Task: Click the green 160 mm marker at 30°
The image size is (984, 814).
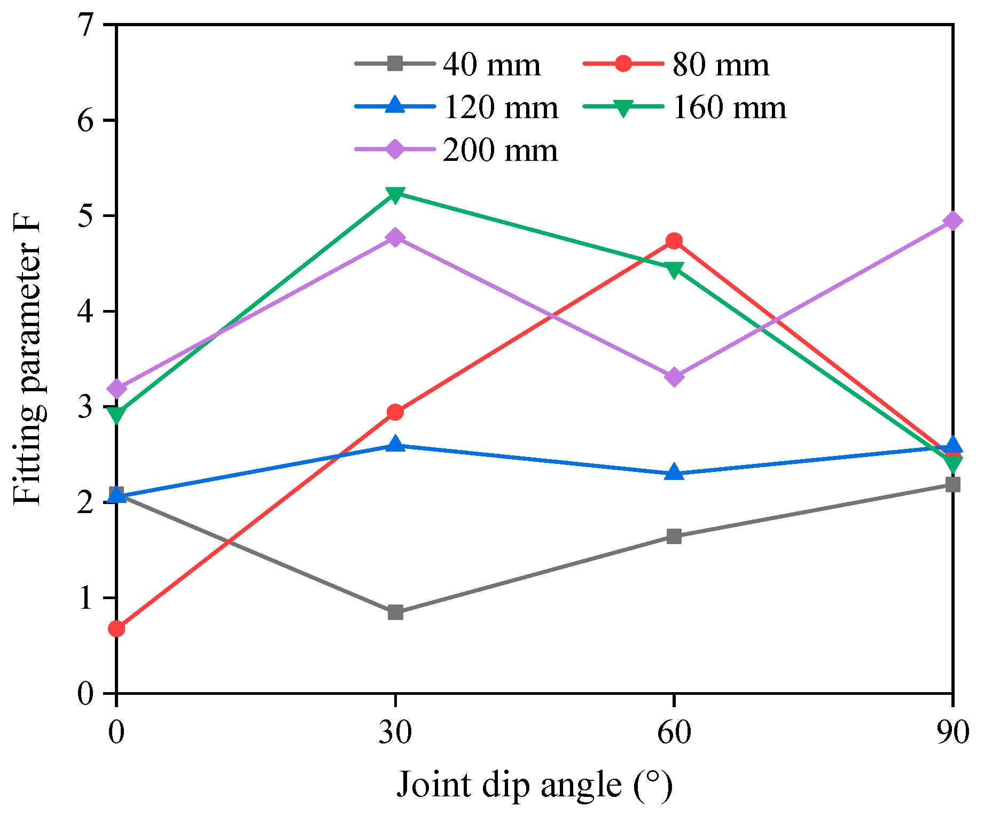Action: pos(395,195)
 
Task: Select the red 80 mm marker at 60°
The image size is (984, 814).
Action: pos(674,241)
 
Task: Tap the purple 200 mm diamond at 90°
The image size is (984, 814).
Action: pos(952,221)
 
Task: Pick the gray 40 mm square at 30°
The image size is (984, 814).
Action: pos(395,613)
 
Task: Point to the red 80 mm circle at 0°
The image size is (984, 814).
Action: pos(117,629)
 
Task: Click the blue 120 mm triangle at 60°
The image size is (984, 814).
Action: pos(674,473)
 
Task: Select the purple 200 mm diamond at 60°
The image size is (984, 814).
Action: pos(674,377)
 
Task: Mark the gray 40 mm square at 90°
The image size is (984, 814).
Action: pos(952,485)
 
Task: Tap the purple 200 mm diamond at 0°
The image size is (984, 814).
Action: pos(117,388)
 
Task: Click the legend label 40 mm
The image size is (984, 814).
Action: pos(491,65)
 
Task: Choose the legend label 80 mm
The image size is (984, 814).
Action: pos(720,65)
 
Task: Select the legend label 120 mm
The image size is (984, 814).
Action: pos(501,107)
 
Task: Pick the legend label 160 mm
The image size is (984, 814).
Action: pos(729,107)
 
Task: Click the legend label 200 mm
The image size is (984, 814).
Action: pos(501,150)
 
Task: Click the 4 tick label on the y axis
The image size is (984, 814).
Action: pos(85,312)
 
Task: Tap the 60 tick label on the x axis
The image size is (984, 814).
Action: pos(674,732)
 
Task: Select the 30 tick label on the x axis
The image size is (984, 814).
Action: pos(395,732)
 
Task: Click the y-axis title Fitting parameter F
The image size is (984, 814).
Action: pos(28,358)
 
